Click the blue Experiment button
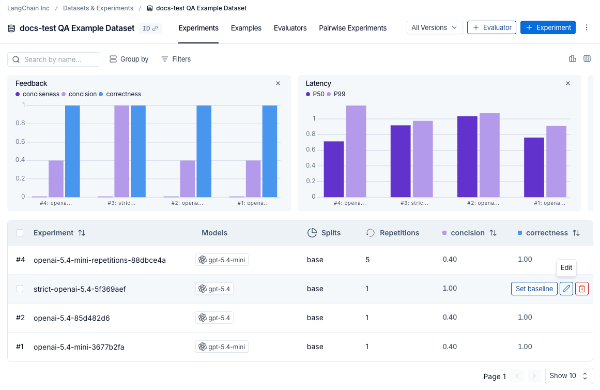tap(548, 27)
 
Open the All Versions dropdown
tap(434, 27)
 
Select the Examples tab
tap(246, 28)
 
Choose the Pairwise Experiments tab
tap(352, 28)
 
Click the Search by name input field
tap(54, 59)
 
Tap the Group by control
tap(129, 59)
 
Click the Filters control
tap(176, 59)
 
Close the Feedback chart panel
tap(278, 83)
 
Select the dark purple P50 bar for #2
tap(467, 156)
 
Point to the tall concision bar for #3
tap(121, 152)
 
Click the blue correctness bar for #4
tap(72, 152)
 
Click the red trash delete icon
tap(581, 289)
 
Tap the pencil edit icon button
tap(566, 289)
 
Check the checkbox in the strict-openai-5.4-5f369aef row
tap(20, 289)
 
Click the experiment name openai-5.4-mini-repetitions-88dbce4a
tap(100, 260)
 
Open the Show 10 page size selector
tap(568, 376)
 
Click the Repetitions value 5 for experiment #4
tap(367, 260)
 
